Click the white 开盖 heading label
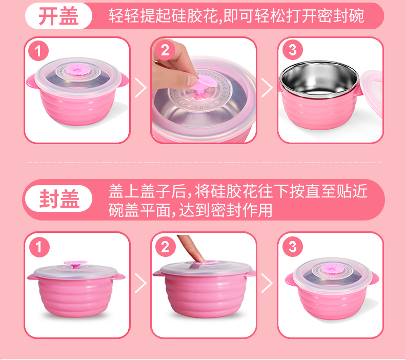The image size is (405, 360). [58, 16]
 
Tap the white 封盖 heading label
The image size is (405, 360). [58, 198]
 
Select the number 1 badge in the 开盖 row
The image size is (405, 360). [38, 51]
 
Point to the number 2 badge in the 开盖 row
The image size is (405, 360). [165, 50]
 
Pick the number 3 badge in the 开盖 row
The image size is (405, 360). [292, 50]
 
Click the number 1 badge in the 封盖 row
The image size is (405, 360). [39, 247]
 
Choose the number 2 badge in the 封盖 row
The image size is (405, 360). [165, 246]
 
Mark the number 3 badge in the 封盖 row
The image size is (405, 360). [292, 246]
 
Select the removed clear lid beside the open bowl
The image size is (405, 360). [371, 92]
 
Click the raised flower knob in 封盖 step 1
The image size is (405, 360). [75, 265]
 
